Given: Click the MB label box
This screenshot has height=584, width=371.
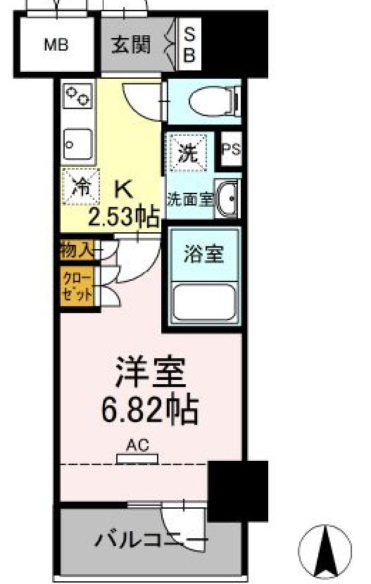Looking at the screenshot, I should (x=56, y=46).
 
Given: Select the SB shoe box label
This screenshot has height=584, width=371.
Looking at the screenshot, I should (x=189, y=46).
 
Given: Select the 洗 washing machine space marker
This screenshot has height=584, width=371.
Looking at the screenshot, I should (x=187, y=151).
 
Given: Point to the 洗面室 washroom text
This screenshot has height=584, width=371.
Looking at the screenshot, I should (x=189, y=199).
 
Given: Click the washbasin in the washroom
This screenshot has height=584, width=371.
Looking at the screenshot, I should (x=227, y=198).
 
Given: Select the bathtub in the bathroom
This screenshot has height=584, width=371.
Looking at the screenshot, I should (x=205, y=303).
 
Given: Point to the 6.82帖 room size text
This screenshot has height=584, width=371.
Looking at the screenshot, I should (x=150, y=407).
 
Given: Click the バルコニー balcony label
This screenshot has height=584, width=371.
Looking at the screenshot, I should (x=151, y=541).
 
